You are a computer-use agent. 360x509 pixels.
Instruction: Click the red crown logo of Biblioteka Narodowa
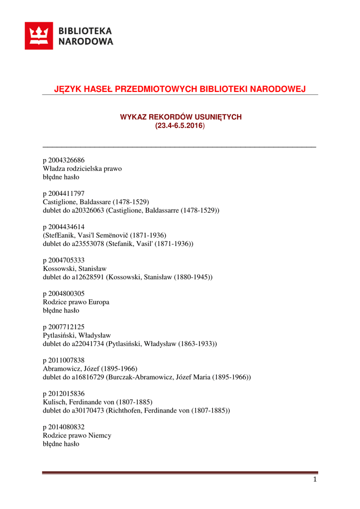pos(39,36)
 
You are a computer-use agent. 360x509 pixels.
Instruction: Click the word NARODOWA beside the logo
pos(86,42)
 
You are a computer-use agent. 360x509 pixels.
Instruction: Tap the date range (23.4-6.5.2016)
pos(180,126)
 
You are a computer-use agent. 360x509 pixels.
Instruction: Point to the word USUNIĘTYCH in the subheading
pos(219,117)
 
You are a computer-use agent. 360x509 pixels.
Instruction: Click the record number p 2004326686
pos(64,160)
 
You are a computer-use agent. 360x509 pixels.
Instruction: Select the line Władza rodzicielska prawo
pos(83,169)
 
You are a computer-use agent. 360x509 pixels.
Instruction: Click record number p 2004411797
pos(64,194)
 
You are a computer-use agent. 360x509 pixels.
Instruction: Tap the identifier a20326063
pos(89,210)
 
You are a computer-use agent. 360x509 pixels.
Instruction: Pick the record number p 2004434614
pos(64,227)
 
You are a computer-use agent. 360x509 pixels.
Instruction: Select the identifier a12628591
pos(89,277)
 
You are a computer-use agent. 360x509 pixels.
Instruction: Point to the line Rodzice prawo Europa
pos(77,302)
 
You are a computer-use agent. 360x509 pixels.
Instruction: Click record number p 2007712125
pos(64,327)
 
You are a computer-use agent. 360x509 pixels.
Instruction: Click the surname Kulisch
pos(55,402)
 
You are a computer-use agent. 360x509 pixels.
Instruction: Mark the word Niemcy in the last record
pos(99,435)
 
